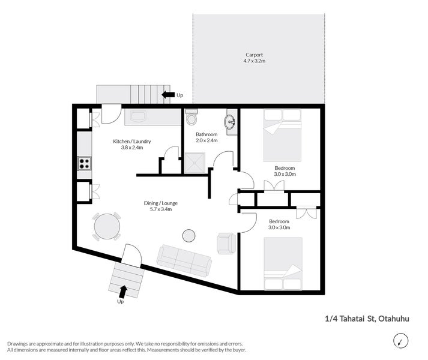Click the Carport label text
[254, 55]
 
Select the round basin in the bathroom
[231, 122]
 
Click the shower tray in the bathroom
[194, 161]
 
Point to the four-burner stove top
[84, 163]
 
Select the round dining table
[107, 226]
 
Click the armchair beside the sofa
[226, 243]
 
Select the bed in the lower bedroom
[283, 265]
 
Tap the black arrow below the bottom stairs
[123, 292]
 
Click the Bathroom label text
[206, 134]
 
